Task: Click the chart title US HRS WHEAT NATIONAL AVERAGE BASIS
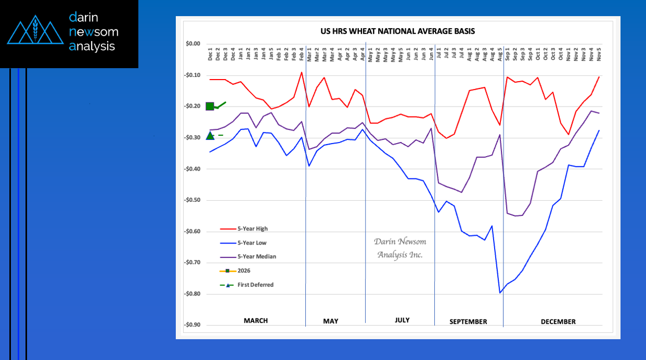point(397,31)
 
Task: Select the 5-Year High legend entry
point(244,229)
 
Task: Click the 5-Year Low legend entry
point(243,243)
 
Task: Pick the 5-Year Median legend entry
point(248,256)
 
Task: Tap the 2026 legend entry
point(235,271)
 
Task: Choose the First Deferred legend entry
point(247,285)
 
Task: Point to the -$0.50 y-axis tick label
point(192,200)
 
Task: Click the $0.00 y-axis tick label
point(193,44)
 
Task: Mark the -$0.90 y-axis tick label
point(192,325)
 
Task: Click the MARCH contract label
point(256,320)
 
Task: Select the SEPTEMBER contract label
point(468,322)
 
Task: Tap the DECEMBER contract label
point(558,322)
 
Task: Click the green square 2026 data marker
point(210,107)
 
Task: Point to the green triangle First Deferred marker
point(210,136)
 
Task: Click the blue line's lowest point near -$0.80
point(500,293)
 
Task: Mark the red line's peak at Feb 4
point(301,72)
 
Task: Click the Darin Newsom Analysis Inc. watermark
point(400,248)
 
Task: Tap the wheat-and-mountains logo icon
point(35,30)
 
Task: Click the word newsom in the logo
point(94,32)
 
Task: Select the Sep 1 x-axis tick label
point(507,54)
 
